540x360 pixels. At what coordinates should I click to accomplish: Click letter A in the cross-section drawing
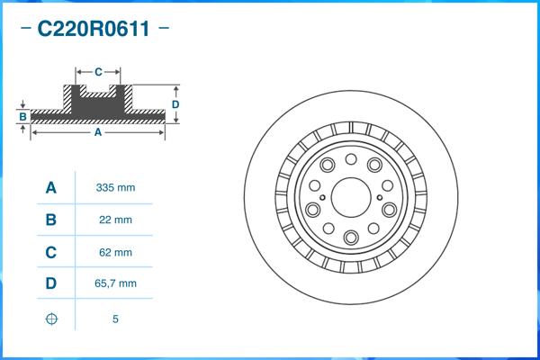[97, 132]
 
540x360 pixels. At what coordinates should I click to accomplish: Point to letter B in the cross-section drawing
[22, 117]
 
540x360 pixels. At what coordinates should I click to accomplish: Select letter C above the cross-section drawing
[97, 70]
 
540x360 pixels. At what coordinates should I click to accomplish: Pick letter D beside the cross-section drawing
[175, 104]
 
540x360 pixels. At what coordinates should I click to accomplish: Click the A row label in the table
[50, 188]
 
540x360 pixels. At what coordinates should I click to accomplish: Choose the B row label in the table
[50, 220]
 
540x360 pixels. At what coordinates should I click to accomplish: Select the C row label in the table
[50, 252]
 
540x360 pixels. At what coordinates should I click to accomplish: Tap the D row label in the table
[50, 283]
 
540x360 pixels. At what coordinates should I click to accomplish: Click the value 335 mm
[115, 188]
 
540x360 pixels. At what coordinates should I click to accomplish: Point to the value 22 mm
[115, 220]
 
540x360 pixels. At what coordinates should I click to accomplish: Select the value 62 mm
[115, 252]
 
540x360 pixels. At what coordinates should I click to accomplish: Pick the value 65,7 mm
[115, 283]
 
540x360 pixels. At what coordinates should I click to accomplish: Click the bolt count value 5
[115, 319]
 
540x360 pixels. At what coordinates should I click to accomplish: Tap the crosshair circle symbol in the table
[50, 319]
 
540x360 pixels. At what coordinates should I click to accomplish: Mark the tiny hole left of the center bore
[322, 196]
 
